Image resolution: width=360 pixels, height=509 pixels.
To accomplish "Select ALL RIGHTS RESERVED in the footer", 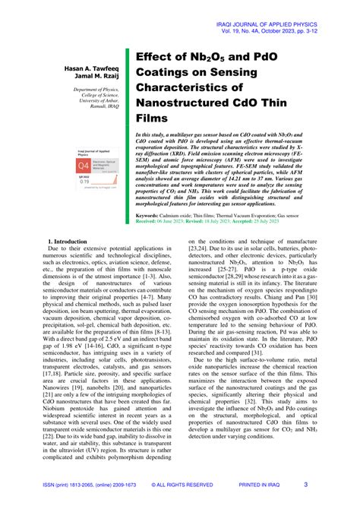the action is [x=182, y=484].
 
